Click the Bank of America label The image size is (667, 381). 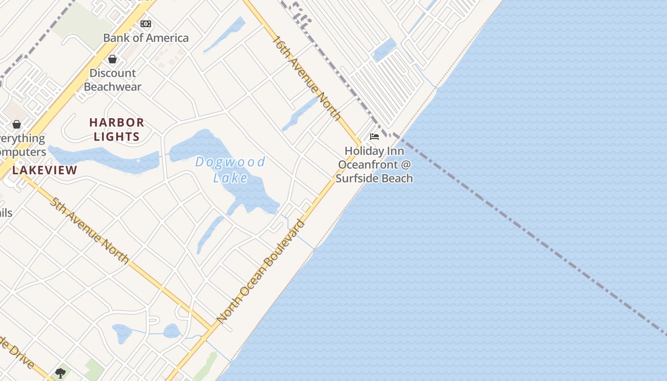[146, 38]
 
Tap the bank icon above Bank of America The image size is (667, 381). [146, 23]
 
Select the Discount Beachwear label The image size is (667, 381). [113, 80]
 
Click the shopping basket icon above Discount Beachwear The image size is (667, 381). [112, 59]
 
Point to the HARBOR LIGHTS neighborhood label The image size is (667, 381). [117, 130]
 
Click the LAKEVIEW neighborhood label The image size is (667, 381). [45, 170]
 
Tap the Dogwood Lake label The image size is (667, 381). [231, 170]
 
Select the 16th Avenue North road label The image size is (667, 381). [306, 78]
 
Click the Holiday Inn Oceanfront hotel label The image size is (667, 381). [374, 164]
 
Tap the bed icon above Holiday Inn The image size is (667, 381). [374, 137]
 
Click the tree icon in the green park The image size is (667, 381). [61, 373]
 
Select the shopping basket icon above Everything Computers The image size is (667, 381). [17, 124]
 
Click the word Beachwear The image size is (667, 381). [113, 87]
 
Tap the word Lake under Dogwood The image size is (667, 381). [231, 178]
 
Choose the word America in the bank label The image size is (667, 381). [166, 38]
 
